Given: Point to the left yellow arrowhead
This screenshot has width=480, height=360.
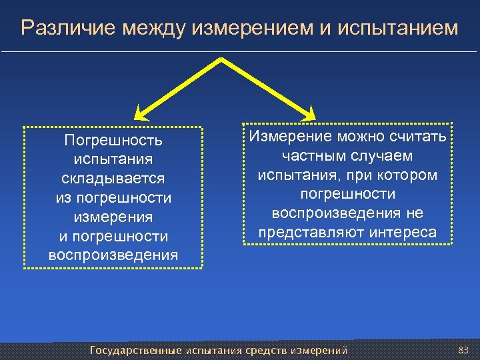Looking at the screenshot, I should click(139, 114).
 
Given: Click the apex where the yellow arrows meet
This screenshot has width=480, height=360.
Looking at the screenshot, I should click(221, 59).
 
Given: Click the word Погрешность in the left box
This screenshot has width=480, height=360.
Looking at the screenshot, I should click(113, 141).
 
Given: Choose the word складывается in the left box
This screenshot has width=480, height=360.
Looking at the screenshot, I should click(113, 179).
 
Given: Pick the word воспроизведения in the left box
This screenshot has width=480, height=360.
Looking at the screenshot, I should click(113, 255).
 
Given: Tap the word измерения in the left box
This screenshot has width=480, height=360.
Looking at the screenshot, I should click(113, 217).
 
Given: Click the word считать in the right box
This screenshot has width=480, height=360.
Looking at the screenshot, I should click(422, 136).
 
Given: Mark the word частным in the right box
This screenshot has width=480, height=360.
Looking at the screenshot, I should click(307, 155).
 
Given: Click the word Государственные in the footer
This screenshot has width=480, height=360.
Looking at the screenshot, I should click(136, 350).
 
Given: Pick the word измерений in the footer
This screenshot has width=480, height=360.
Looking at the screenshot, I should click(318, 350).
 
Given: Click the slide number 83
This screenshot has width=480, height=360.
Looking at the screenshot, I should click(464, 349).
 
